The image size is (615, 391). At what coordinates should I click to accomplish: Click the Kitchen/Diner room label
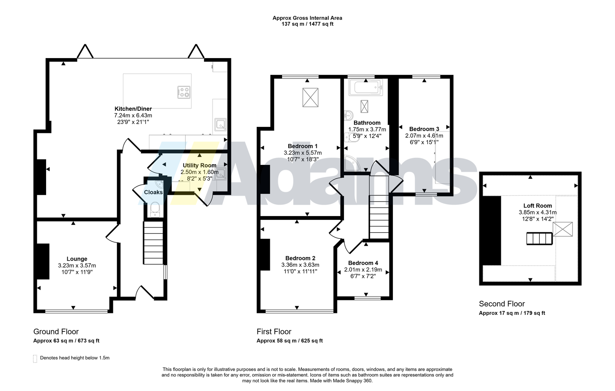pos(133,109)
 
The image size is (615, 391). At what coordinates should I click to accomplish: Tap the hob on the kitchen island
pos(184,92)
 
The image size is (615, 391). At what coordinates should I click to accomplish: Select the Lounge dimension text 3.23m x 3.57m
pos(77,266)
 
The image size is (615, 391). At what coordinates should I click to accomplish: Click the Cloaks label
pos(153,192)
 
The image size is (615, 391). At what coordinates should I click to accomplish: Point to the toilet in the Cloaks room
pos(155,210)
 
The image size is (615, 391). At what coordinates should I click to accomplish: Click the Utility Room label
pos(199,166)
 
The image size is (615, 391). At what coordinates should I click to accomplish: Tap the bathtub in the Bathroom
pos(366,88)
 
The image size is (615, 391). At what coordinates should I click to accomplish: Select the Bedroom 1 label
pos(303,146)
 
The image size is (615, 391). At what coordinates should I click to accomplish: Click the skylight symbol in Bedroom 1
pos(310,98)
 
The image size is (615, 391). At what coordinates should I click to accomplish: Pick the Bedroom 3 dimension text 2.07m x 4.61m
pos(424,136)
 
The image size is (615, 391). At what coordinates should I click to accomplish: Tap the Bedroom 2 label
pos(300,258)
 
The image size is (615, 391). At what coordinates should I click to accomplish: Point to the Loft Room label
pos(538,206)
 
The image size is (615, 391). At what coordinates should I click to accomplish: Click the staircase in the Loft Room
pos(540,238)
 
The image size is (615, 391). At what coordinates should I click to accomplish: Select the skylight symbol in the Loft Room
pos(563,229)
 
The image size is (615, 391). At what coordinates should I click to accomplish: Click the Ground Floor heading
pos(56,332)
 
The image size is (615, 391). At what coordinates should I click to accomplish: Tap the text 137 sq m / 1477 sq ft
pos(307,24)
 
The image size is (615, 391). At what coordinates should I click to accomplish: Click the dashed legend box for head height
pos(35,359)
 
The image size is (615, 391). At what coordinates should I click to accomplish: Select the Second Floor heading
pos(502,304)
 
